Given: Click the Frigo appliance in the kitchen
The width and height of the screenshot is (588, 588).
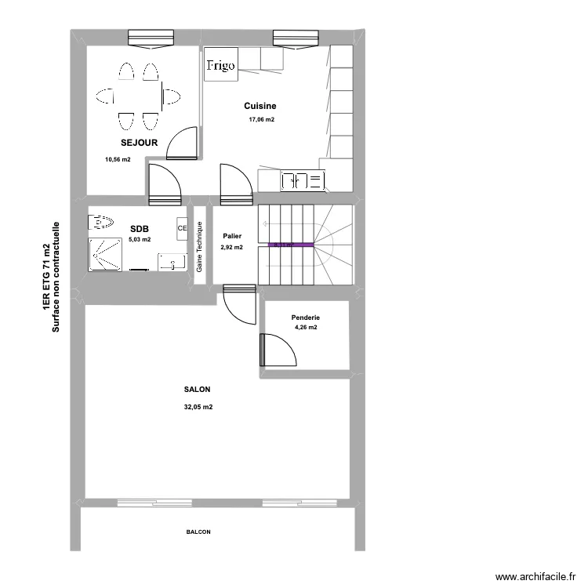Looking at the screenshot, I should click(220, 66).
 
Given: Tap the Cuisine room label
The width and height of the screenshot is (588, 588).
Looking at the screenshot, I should click(260, 106).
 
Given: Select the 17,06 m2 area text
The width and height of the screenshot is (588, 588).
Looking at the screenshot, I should click(262, 120).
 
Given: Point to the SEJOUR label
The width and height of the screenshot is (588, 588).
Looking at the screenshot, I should click(140, 143).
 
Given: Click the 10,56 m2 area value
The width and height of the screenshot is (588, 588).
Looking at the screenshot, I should click(118, 159).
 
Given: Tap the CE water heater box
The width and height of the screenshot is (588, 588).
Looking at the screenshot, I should click(182, 228).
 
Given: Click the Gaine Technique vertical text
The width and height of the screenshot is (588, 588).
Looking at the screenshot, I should click(200, 247).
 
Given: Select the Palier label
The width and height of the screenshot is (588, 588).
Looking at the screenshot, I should click(232, 236).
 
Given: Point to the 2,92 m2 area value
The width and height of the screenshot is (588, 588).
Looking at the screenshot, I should click(232, 247).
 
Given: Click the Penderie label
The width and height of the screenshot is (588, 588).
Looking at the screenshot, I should click(306, 318).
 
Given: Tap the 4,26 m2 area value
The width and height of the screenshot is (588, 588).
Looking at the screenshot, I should click(306, 328).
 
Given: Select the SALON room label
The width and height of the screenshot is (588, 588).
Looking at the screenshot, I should click(197, 390).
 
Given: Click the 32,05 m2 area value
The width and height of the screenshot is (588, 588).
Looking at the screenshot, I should click(198, 407).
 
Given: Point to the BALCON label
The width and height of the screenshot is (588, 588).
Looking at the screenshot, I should click(198, 532).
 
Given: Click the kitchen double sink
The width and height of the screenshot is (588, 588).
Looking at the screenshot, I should click(303, 181).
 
